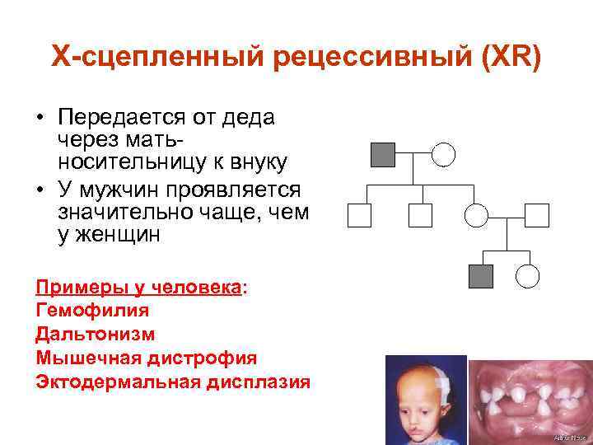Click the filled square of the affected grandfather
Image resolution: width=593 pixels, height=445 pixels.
(383, 154)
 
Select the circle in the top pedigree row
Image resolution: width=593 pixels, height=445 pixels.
(444, 154)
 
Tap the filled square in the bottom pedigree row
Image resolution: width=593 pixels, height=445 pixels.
(480, 276)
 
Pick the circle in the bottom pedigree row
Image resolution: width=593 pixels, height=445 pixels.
(527, 276)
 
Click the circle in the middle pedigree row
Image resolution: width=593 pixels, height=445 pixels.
(477, 215)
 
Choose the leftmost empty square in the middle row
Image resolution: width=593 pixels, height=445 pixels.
(359, 215)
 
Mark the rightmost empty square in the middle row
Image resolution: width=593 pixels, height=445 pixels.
(536, 215)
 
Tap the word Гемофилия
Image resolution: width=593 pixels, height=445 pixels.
(92, 311)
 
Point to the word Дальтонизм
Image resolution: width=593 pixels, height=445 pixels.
(96, 334)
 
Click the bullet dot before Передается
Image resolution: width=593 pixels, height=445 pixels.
(40, 119)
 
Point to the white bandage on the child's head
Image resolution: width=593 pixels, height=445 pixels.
(444, 382)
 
